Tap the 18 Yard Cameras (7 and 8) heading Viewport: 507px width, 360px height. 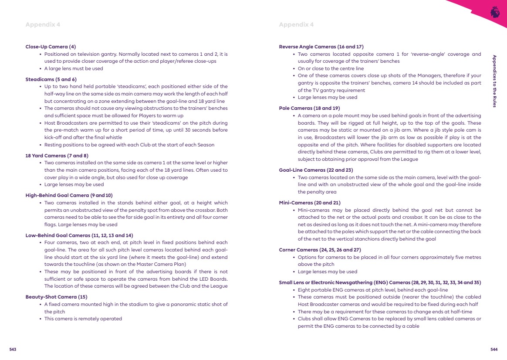click(x=57, y=155)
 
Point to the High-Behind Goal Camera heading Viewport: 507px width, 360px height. click(x=69, y=195)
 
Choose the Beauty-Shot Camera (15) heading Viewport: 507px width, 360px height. click(x=56, y=297)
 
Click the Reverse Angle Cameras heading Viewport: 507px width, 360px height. click(x=321, y=47)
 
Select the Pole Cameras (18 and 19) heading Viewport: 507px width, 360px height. click(x=309, y=108)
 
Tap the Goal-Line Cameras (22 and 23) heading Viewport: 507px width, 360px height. click(x=316, y=170)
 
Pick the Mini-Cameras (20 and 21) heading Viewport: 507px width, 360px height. click(x=310, y=203)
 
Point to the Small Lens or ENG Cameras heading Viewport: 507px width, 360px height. click(x=380, y=282)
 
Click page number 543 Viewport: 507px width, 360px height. click(x=13, y=349)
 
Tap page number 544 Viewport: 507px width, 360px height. click(x=494, y=349)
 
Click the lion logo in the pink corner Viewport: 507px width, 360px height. click(x=495, y=12)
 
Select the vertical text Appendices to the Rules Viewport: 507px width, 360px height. click(x=494, y=81)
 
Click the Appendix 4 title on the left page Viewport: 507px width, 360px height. click(x=43, y=24)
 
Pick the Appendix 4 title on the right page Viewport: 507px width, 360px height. click(x=296, y=24)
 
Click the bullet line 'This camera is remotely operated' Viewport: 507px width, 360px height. click(x=83, y=319)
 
